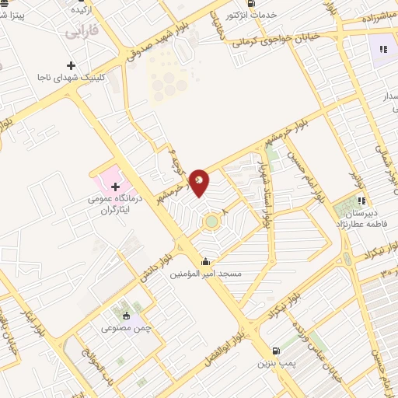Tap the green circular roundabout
pyautogui.click(x=211, y=223)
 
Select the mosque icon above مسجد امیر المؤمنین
pyautogui.click(x=205, y=261)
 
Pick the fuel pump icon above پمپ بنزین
pyautogui.click(x=276, y=350)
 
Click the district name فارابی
pyautogui.click(x=82, y=33)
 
